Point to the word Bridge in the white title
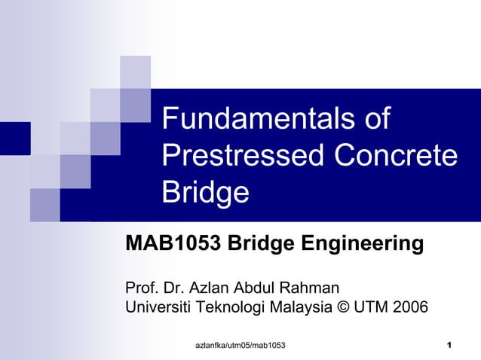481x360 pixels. click(205, 194)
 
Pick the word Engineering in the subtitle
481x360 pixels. click(363, 244)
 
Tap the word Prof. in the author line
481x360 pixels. click(142, 287)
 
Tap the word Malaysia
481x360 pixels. click(305, 307)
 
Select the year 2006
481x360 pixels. click(409, 307)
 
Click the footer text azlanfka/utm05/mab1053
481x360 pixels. click(240, 345)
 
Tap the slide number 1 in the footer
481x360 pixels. click(449, 345)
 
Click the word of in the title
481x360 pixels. click(376, 121)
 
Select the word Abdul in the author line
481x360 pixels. click(256, 287)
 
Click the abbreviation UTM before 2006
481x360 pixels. click(375, 307)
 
